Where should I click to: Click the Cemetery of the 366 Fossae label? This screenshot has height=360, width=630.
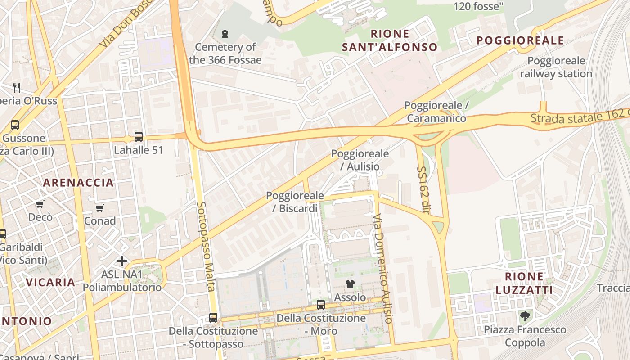(x=225, y=53)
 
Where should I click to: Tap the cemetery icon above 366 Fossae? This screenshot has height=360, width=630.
(x=225, y=33)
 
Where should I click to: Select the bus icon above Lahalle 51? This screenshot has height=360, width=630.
(x=139, y=136)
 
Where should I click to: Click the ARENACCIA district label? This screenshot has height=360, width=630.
(x=78, y=183)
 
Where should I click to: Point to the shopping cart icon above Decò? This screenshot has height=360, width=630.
(x=40, y=204)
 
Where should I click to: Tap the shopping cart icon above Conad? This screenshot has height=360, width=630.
(x=99, y=208)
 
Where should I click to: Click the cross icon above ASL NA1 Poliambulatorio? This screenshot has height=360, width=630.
(x=121, y=261)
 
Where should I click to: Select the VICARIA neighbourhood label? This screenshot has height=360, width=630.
(x=50, y=283)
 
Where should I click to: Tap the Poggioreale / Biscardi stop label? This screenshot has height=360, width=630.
(x=295, y=202)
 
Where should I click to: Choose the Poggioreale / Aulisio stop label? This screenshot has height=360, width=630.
(x=360, y=160)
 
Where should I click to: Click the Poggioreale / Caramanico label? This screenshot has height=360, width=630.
(x=436, y=112)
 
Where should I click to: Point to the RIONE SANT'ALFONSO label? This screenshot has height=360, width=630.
(x=390, y=40)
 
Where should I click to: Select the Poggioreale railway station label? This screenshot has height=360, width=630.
(x=556, y=67)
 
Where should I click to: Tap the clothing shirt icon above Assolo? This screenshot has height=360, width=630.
(x=350, y=283)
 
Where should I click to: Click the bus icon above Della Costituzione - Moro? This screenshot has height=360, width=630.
(x=321, y=305)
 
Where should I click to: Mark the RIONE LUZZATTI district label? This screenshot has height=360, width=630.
(x=524, y=283)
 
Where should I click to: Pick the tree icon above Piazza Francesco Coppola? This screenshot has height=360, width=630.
(x=525, y=316)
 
